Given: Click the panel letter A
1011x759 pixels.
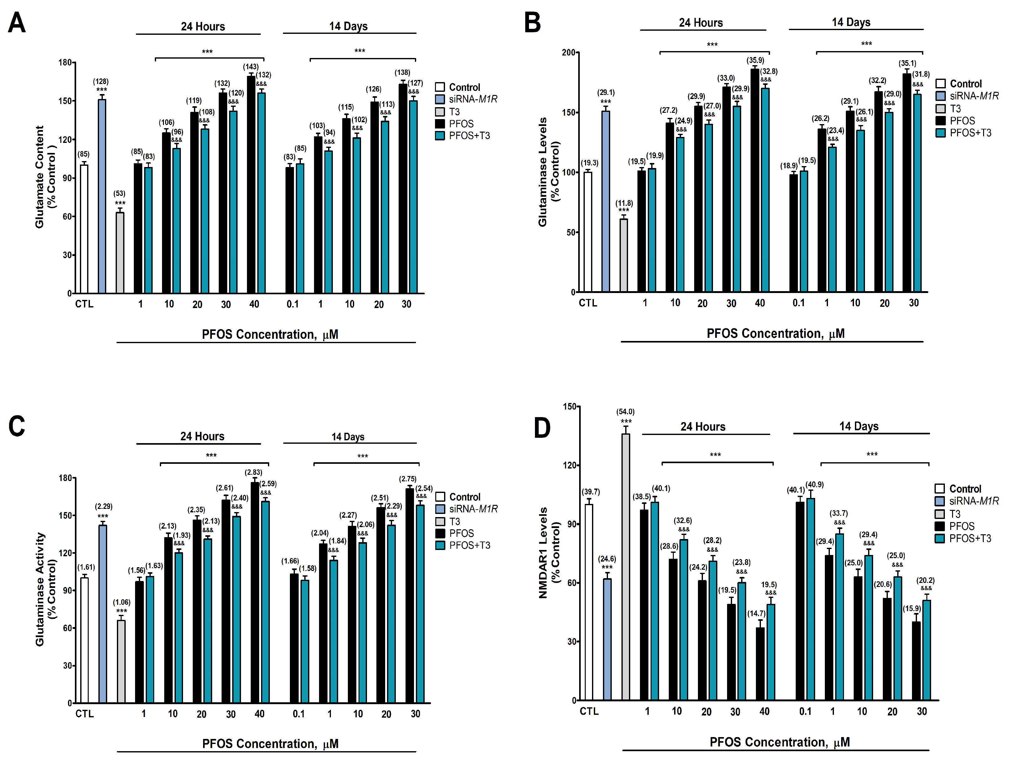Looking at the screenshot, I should pos(17,23).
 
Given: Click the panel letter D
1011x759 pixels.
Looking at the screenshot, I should pos(542,428).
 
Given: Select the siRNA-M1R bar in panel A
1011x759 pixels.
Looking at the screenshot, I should pos(102,196).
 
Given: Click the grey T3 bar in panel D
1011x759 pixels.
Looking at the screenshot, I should pos(625,567).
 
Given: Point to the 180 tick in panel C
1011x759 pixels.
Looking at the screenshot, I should pos(65,478).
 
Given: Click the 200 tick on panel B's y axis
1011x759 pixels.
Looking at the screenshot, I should pos(568,53).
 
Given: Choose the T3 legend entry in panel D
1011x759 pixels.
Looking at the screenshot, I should pos(955,514).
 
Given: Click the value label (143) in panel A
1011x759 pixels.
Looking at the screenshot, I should pos(250,67).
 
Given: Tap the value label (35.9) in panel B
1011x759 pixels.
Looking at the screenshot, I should pos(755,60).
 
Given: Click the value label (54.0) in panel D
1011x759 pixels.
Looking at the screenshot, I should pos(625,412).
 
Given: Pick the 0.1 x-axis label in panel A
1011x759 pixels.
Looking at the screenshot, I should pos(292,304).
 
